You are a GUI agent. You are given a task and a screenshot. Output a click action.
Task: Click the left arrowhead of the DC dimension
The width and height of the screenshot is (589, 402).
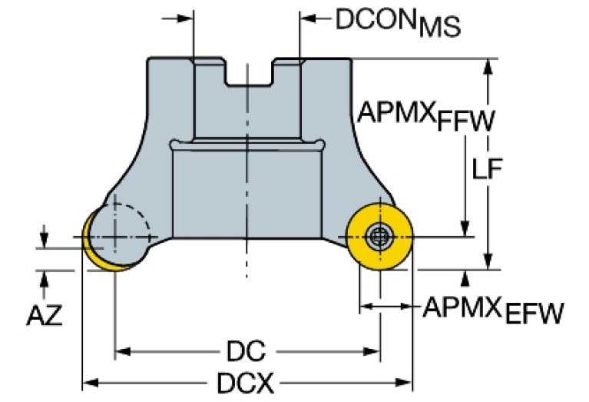pyautogui.click(x=121, y=353)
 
